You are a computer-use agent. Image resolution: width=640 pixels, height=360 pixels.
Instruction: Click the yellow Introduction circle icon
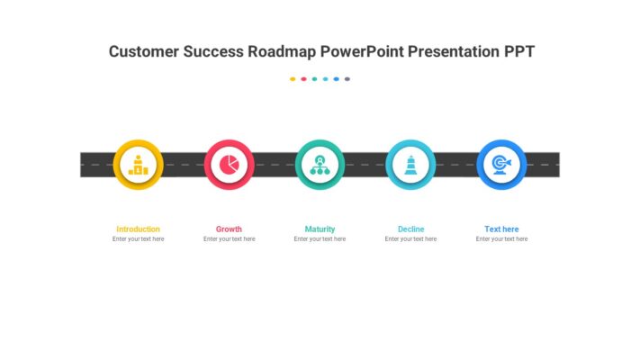[138, 165]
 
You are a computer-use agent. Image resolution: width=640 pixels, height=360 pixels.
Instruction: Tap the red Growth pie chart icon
[229, 165]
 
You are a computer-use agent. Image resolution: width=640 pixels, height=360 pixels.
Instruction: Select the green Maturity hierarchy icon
[320, 165]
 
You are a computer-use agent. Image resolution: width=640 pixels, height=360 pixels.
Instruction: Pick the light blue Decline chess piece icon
[410, 165]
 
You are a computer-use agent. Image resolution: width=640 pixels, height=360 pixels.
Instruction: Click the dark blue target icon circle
[501, 165]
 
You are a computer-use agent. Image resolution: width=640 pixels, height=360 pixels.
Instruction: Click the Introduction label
[138, 229]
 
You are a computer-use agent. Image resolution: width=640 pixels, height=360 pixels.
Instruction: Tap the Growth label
[229, 229]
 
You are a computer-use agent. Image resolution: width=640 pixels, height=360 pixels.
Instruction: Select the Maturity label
[320, 229]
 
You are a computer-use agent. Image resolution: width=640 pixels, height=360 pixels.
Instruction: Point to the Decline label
[410, 229]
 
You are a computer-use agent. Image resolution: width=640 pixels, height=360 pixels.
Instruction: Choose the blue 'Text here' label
[501, 229]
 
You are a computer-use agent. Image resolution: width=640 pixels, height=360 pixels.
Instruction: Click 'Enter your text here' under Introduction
[138, 239]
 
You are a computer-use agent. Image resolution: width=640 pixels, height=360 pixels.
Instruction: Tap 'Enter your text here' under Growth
[229, 239]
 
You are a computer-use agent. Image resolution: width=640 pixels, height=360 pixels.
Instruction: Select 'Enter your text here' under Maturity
[320, 239]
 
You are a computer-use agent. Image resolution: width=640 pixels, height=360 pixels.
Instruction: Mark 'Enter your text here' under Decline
[410, 239]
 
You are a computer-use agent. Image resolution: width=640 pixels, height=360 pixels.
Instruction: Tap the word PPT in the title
[518, 51]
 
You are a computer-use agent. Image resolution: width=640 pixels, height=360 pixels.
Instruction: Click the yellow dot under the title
[293, 79]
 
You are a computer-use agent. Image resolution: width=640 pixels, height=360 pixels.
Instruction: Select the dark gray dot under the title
[347, 79]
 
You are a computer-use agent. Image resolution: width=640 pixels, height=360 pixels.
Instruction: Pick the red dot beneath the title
[303, 79]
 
